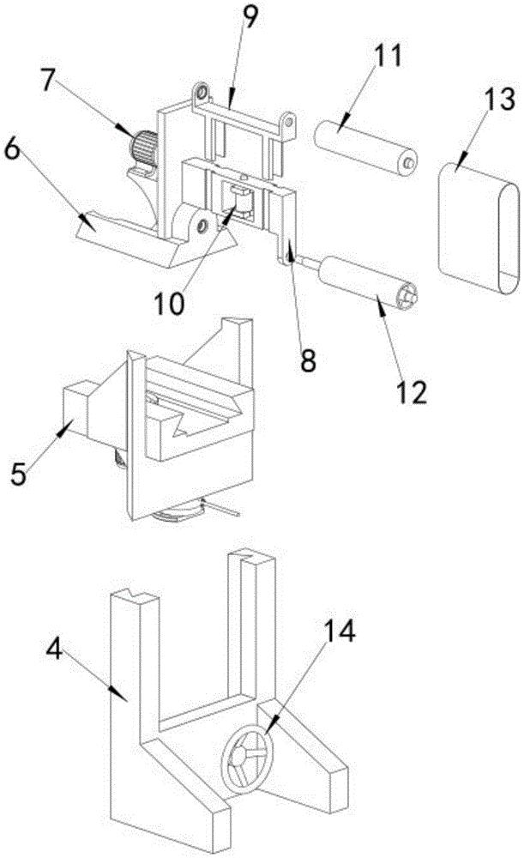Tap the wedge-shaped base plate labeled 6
click(x=129, y=239)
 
